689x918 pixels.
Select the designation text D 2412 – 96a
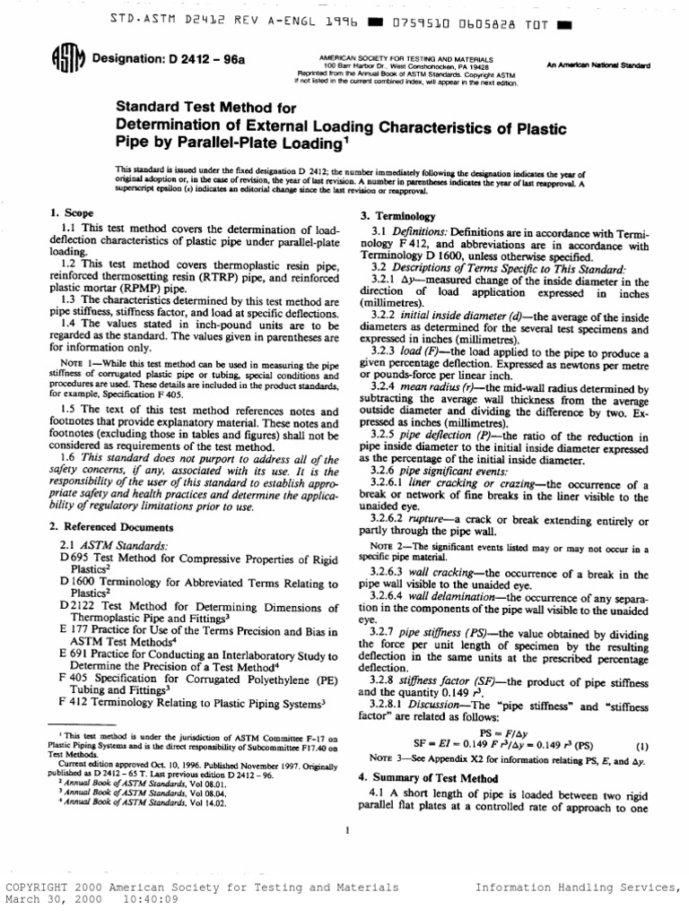coord(159,62)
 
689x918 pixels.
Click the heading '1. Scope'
coord(70,212)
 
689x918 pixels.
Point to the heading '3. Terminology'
coord(397,217)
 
